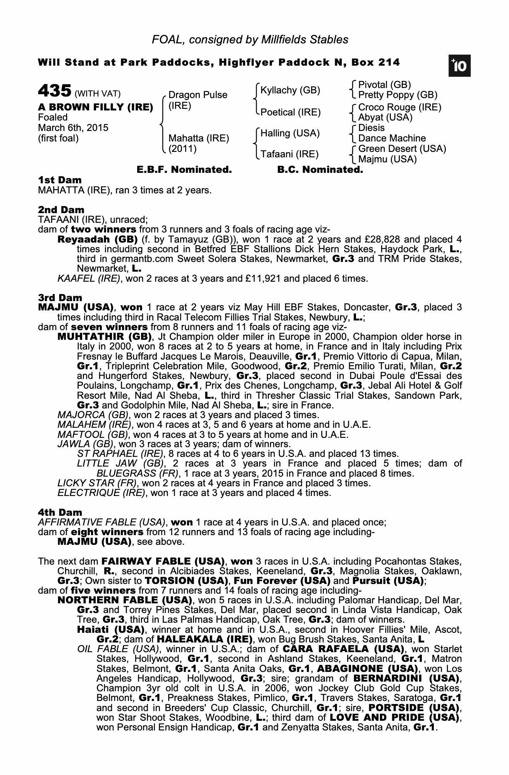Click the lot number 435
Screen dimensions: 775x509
tap(54, 91)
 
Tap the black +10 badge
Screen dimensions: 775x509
tap(459, 66)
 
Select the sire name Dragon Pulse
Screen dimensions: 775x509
tap(198, 95)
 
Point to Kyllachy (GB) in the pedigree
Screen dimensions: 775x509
tap(290, 90)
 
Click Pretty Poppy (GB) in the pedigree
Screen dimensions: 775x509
tap(397, 95)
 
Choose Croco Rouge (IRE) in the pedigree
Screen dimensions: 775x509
tap(400, 107)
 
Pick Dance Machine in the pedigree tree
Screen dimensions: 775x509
tap(392, 138)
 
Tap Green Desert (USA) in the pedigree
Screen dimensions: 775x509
tap(402, 149)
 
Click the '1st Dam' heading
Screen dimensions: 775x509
tap(60, 180)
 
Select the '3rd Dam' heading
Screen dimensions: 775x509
tap(60, 298)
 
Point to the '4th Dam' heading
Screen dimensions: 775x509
tap(60, 513)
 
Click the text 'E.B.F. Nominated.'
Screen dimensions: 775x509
tap(184, 169)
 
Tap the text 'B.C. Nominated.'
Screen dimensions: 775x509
tap(320, 169)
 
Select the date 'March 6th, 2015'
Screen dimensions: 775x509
tap(73, 128)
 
